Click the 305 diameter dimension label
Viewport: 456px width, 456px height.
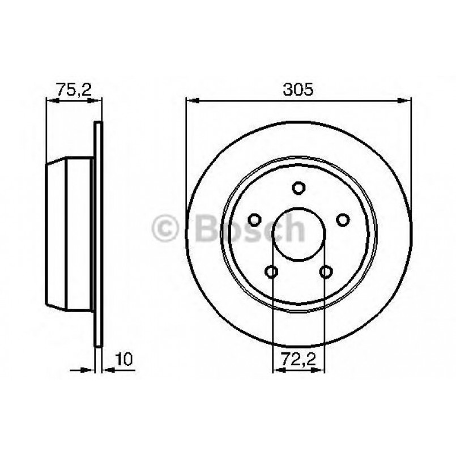pos(299,90)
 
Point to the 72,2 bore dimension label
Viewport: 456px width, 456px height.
pos(299,359)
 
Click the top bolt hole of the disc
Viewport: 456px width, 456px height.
pos(299,187)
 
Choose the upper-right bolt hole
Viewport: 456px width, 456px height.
pos(342,219)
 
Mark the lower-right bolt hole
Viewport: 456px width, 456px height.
pos(325,271)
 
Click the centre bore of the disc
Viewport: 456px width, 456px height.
pos(299,235)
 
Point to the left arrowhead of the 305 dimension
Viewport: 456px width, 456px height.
pos(191,101)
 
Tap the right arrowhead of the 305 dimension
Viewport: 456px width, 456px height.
pos(406,101)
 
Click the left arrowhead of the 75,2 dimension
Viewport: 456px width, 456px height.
pos(51,101)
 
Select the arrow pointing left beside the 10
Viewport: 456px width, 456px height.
pos(108,371)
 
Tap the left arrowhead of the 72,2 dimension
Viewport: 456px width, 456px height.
pos(278,371)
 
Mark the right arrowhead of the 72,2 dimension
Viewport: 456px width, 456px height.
pos(320,371)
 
